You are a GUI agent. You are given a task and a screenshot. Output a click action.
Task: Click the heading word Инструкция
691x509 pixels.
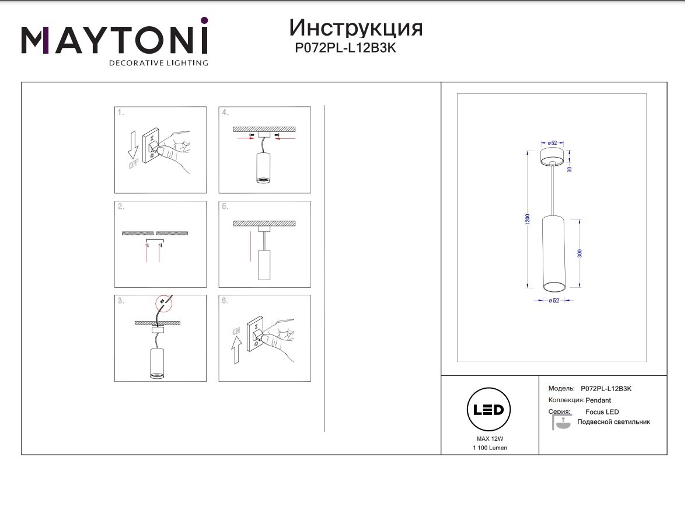point(355,27)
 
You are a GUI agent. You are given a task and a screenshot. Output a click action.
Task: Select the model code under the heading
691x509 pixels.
point(345,48)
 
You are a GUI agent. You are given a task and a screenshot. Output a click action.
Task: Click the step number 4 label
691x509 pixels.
point(225,113)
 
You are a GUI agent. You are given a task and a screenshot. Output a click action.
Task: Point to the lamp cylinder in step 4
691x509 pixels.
point(263,168)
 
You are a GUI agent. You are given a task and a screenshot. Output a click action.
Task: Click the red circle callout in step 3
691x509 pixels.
point(163,303)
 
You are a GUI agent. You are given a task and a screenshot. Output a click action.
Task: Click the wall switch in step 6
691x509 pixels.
point(255,334)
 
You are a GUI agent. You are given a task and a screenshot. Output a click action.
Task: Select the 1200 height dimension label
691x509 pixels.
point(528,219)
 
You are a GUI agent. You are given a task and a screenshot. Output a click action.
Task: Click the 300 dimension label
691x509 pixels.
point(580,253)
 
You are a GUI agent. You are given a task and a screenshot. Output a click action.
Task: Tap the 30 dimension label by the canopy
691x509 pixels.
point(570,169)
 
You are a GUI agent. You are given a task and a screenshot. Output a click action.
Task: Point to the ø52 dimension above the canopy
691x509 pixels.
point(552,143)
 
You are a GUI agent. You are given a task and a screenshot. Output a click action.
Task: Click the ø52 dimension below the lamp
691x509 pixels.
point(554,301)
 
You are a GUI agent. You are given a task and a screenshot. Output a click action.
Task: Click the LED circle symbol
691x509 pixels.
point(488,409)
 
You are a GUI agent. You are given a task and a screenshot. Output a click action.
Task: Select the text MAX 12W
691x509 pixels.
point(490,438)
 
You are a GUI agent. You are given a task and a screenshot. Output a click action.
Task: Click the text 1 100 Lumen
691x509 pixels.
point(490,448)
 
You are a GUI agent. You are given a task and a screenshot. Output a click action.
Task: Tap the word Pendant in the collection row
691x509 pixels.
point(598,400)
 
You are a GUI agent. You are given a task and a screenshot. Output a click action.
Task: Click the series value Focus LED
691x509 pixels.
point(602,412)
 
